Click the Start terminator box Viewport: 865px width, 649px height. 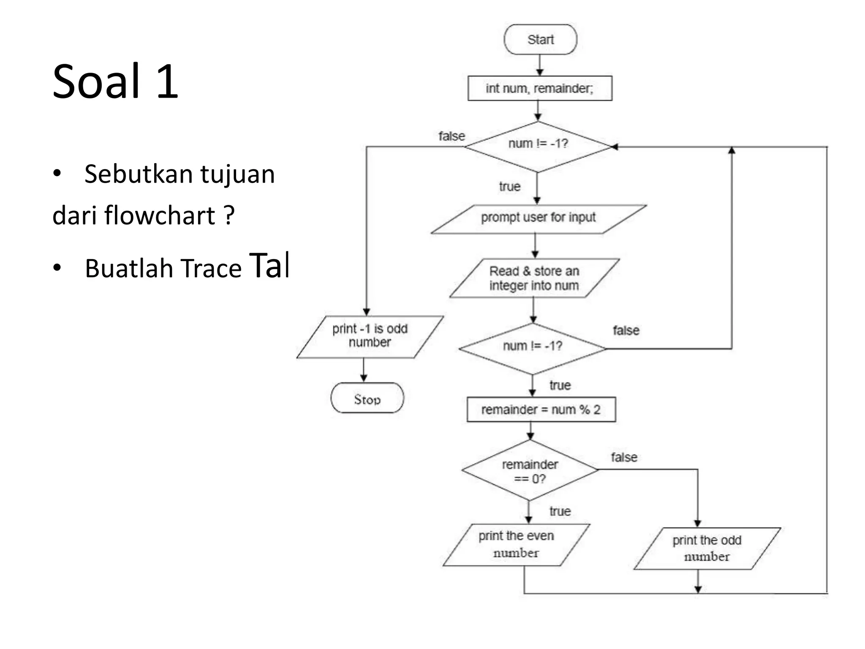(540, 39)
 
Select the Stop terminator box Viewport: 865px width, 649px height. (367, 398)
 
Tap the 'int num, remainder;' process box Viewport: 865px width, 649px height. (540, 88)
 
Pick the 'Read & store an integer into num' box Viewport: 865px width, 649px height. (534, 278)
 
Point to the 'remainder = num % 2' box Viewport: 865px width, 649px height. (541, 409)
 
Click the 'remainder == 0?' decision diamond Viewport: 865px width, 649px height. (530, 471)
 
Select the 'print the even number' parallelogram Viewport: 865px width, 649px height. (516, 545)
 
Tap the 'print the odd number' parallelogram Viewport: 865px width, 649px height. (707, 548)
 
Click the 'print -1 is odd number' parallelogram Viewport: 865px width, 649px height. (370, 337)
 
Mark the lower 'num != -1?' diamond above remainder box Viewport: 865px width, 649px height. (532, 348)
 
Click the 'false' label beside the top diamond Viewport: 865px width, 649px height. (452, 136)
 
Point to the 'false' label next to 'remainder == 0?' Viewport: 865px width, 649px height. (624, 457)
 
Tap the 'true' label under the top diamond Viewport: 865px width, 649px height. (509, 186)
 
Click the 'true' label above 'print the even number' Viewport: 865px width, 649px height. (560, 511)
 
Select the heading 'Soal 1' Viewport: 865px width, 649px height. (115, 81)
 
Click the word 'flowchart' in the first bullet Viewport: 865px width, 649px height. (160, 215)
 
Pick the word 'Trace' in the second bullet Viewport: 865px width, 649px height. (210, 269)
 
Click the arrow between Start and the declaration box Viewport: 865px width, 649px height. (539, 65)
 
